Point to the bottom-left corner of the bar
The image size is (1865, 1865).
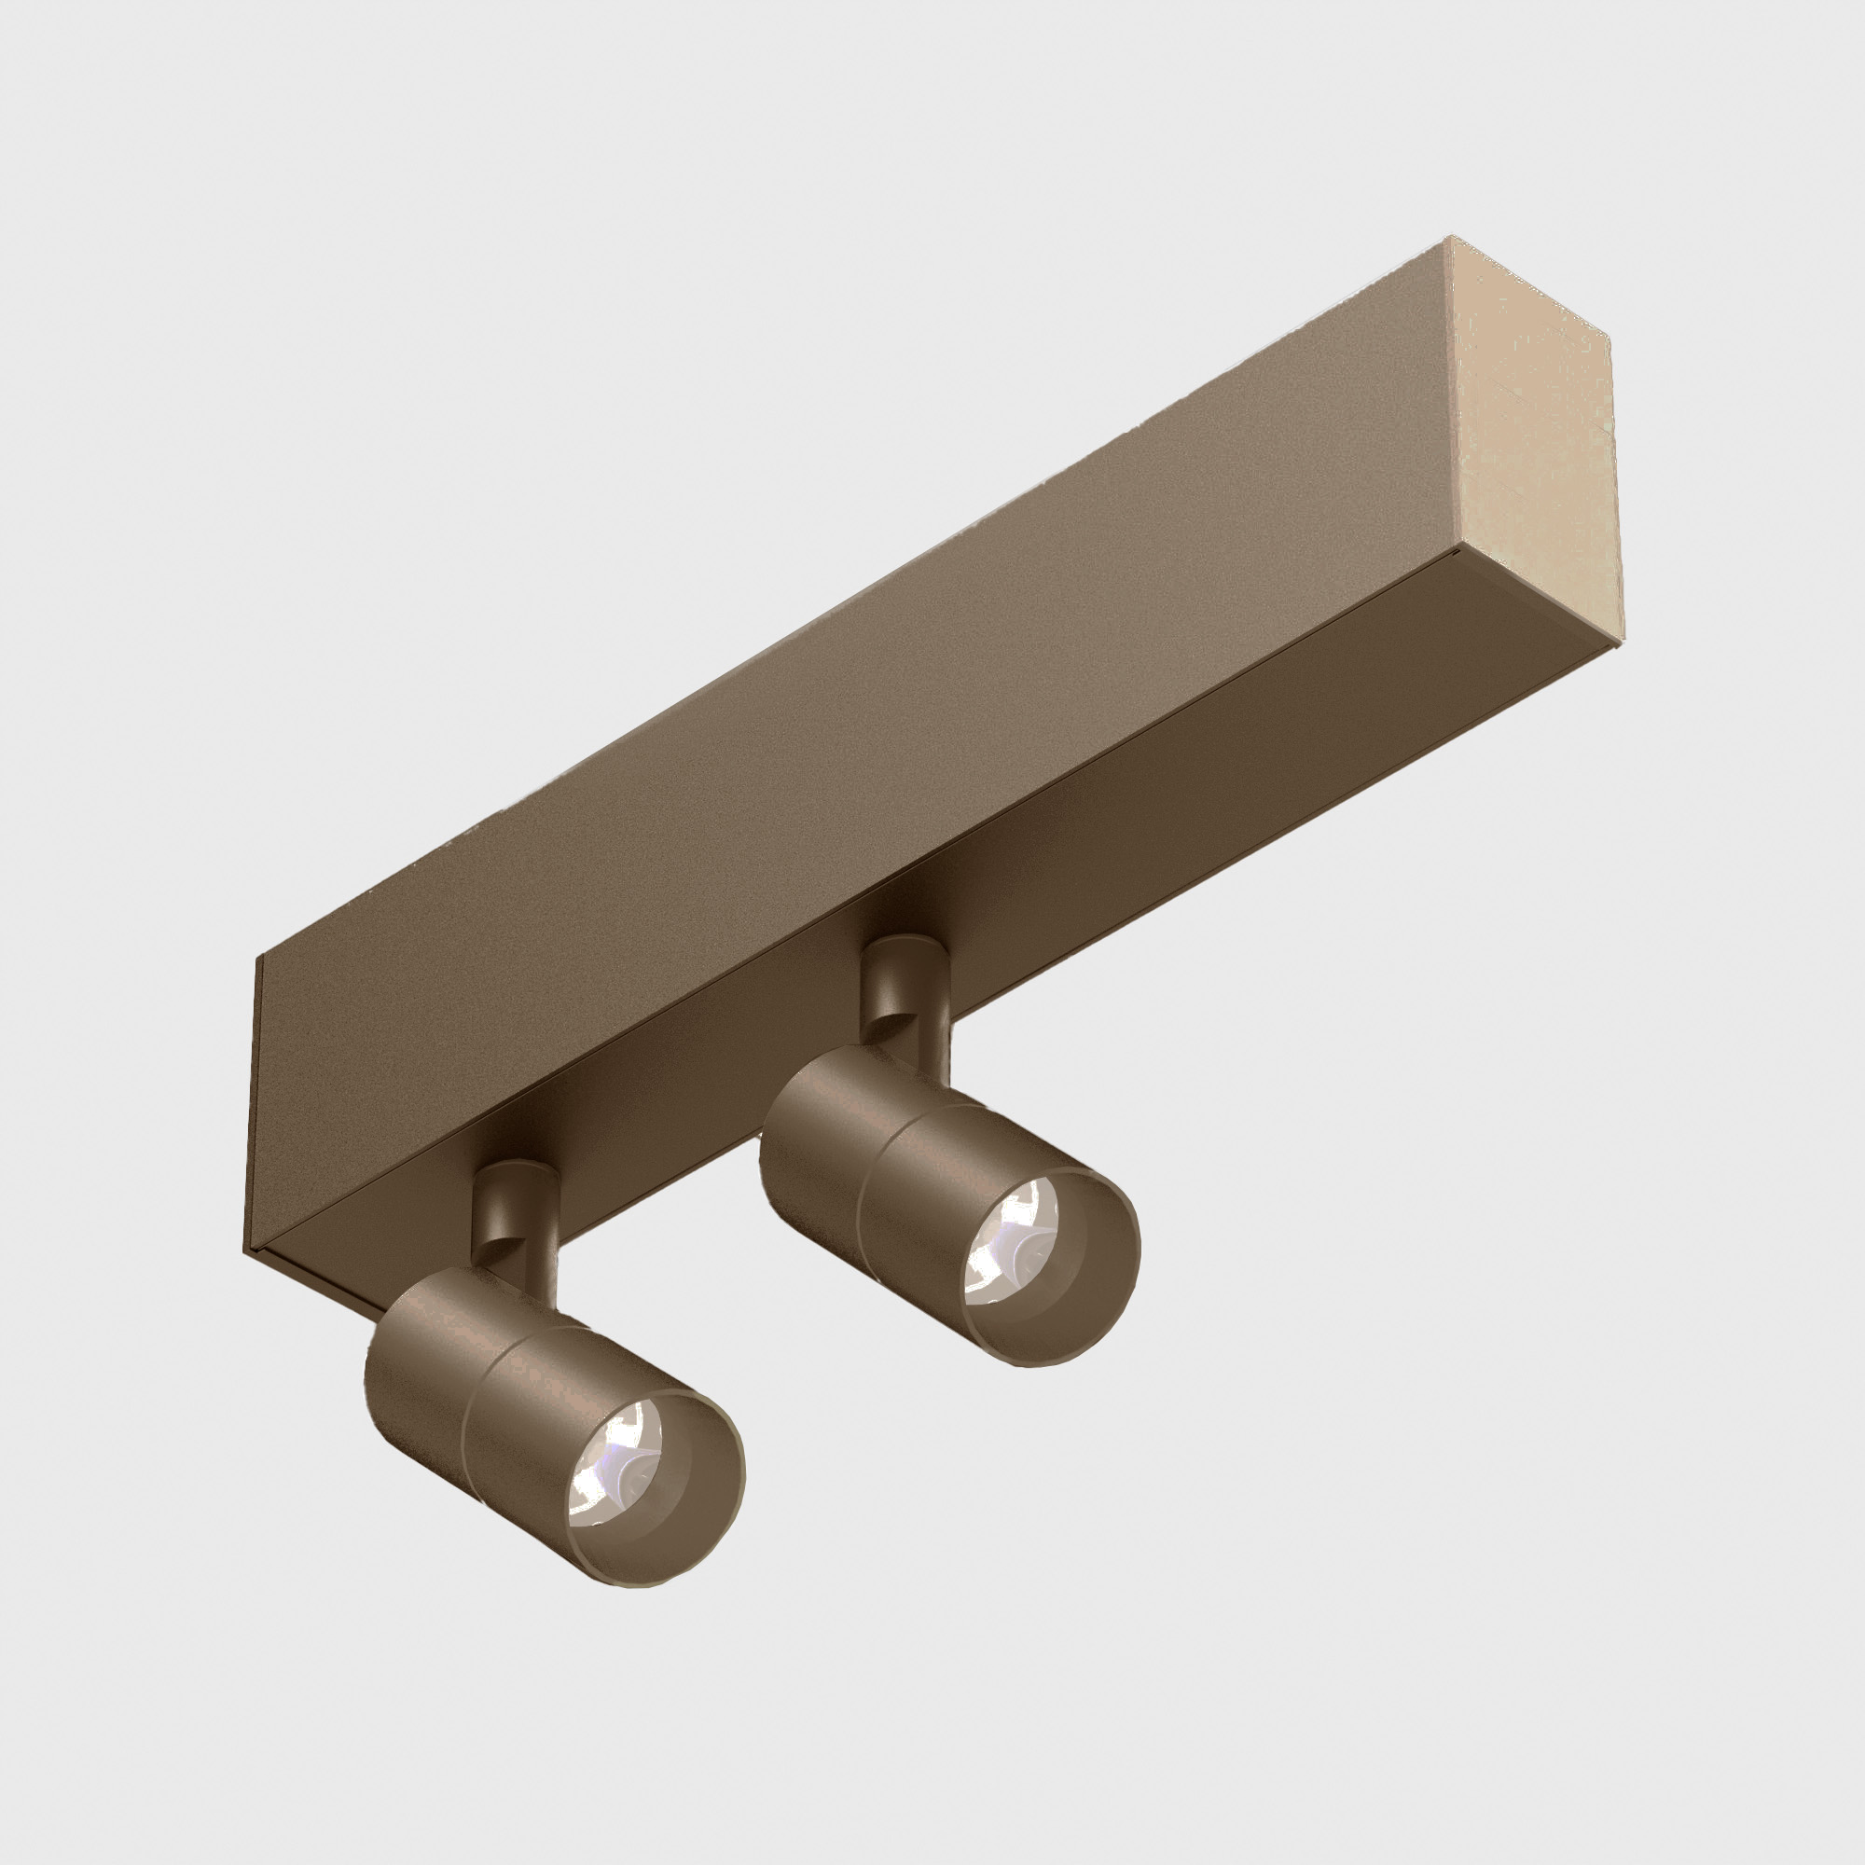click(244, 1250)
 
